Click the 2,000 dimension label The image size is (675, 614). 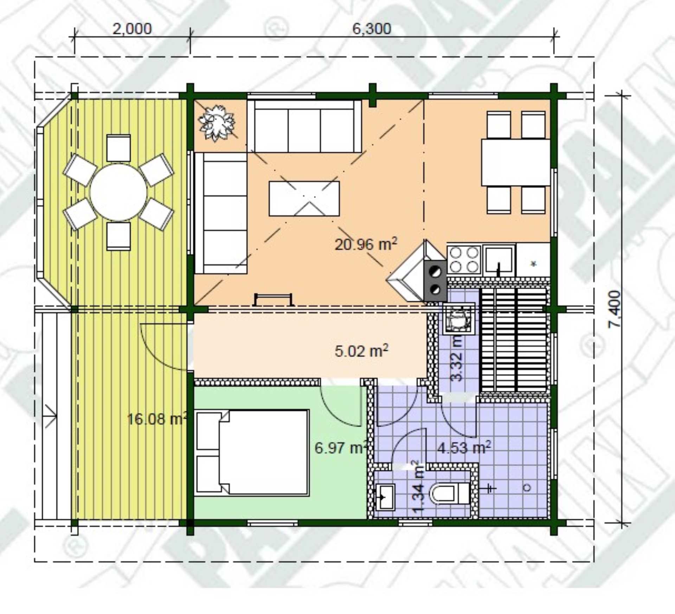pyautogui.click(x=132, y=29)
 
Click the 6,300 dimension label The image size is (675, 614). pyautogui.click(x=372, y=29)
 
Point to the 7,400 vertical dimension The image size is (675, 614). pyautogui.click(x=615, y=309)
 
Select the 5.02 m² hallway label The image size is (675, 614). pyautogui.click(x=361, y=351)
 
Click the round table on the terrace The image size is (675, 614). pyautogui.click(x=118, y=192)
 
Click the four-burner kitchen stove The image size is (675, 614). pyautogui.click(x=464, y=260)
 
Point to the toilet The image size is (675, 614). pyautogui.click(x=450, y=493)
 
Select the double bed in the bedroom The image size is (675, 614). pyautogui.click(x=252, y=453)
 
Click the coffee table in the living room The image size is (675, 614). pyautogui.click(x=304, y=199)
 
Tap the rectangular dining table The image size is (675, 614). pyautogui.click(x=515, y=162)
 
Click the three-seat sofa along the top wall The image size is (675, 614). pyautogui.click(x=304, y=126)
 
